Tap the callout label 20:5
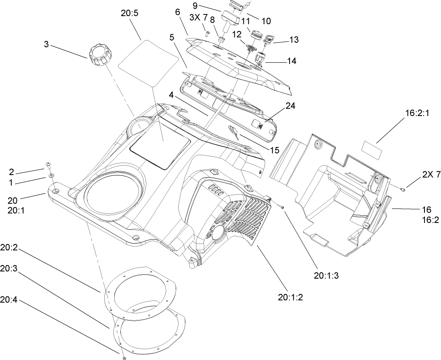point(129,13)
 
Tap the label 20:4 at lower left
point(9,300)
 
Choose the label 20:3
point(9,268)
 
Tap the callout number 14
point(292,61)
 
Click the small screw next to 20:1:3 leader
point(283,207)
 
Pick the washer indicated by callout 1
point(51,176)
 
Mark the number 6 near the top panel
point(177,12)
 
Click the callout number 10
point(266,21)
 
